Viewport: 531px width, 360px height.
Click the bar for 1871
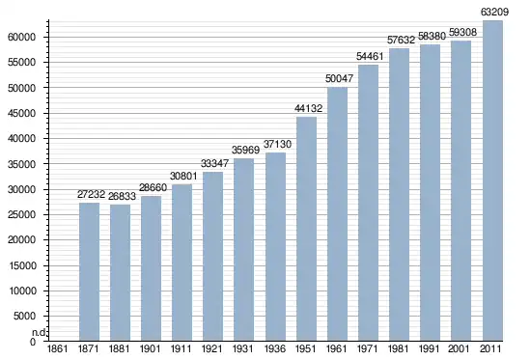tap(90, 271)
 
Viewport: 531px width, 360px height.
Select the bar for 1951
tap(306, 229)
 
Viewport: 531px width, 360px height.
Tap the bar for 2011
tap(492, 180)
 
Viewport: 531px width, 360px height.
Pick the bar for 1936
tap(276, 246)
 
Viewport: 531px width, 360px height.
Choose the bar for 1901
tap(151, 268)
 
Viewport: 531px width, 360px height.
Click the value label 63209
tap(494, 12)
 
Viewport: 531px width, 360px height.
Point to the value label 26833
tap(122, 196)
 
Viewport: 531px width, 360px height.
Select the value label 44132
tap(309, 108)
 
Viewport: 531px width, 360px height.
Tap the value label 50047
tap(339, 78)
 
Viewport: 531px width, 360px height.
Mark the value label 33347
tap(214, 163)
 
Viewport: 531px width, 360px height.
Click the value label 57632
tap(402, 40)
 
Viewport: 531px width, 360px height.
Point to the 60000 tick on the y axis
tap(21, 37)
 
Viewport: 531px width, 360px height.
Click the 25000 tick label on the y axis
tap(21, 214)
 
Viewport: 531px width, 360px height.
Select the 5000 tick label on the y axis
tap(24, 316)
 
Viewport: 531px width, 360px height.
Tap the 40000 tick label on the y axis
tap(21, 139)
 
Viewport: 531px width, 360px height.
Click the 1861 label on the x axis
tap(57, 348)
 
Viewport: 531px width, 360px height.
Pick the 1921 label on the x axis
tap(212, 348)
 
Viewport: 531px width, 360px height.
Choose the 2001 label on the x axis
tap(459, 348)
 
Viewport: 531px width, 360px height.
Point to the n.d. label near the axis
tap(39, 333)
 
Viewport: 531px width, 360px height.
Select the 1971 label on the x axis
tap(368, 348)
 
